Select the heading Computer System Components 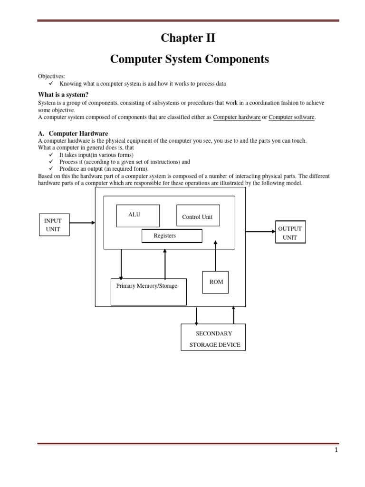pyautogui.click(x=190, y=59)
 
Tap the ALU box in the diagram pyautogui.click(x=138, y=216)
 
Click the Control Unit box pyautogui.click(x=198, y=216)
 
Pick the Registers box pyautogui.click(x=172, y=236)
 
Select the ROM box pyautogui.click(x=216, y=282)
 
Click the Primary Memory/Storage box pyautogui.click(x=148, y=292)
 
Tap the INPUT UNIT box pyautogui.click(x=54, y=225)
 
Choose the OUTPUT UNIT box pyautogui.click(x=290, y=233)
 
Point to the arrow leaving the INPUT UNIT pyautogui.click(x=82, y=222)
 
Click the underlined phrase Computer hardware pyautogui.click(x=237, y=117)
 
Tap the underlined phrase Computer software pyautogui.click(x=291, y=117)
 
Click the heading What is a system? pyautogui.click(x=63, y=95)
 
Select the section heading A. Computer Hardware pyautogui.click(x=73, y=134)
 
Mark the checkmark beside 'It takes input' pyautogui.click(x=52, y=155)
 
